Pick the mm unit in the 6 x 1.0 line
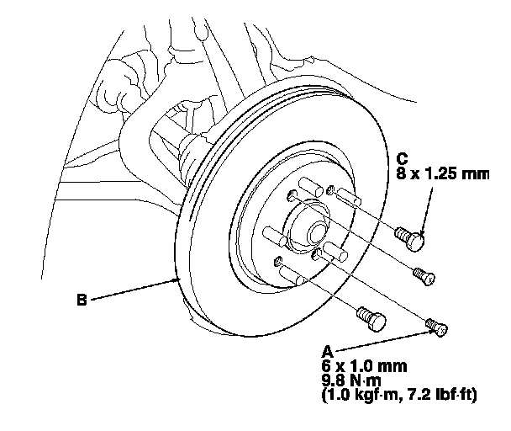coord(392,366)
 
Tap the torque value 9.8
coord(335,380)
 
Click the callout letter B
coord(81,297)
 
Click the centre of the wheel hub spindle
coord(316,226)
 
